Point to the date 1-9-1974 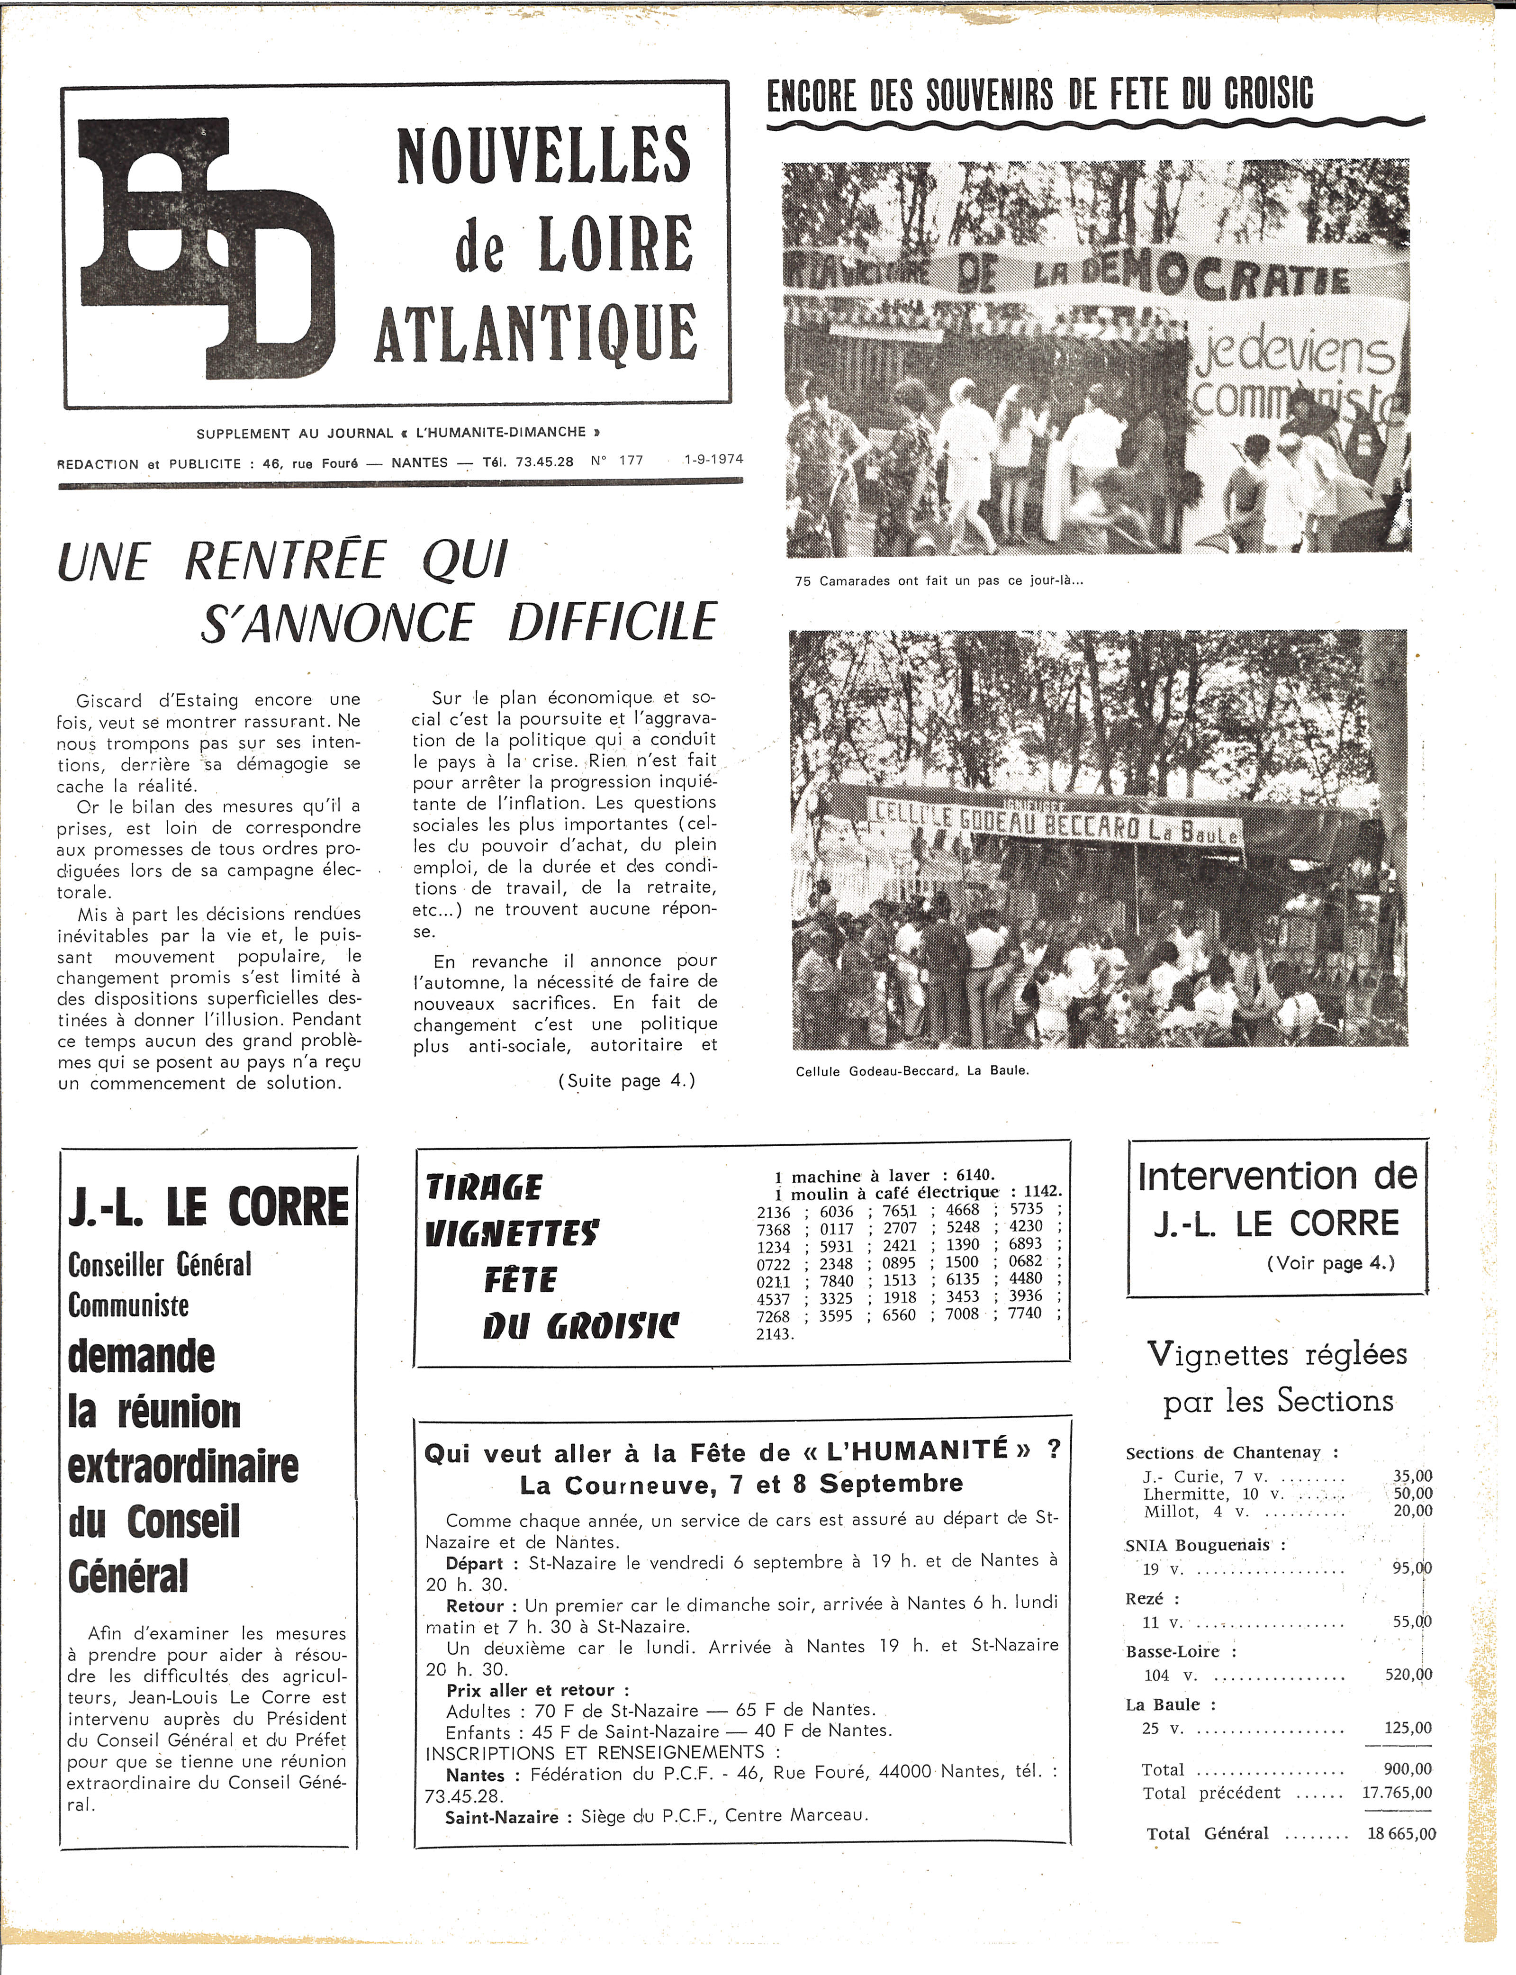pyautogui.click(x=714, y=460)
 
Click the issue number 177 pyautogui.click(x=631, y=461)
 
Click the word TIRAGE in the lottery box pyautogui.click(x=485, y=1188)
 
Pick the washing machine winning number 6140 pyautogui.click(x=974, y=1175)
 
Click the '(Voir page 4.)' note pyautogui.click(x=1331, y=1263)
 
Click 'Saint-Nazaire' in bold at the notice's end pyautogui.click(x=502, y=1816)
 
